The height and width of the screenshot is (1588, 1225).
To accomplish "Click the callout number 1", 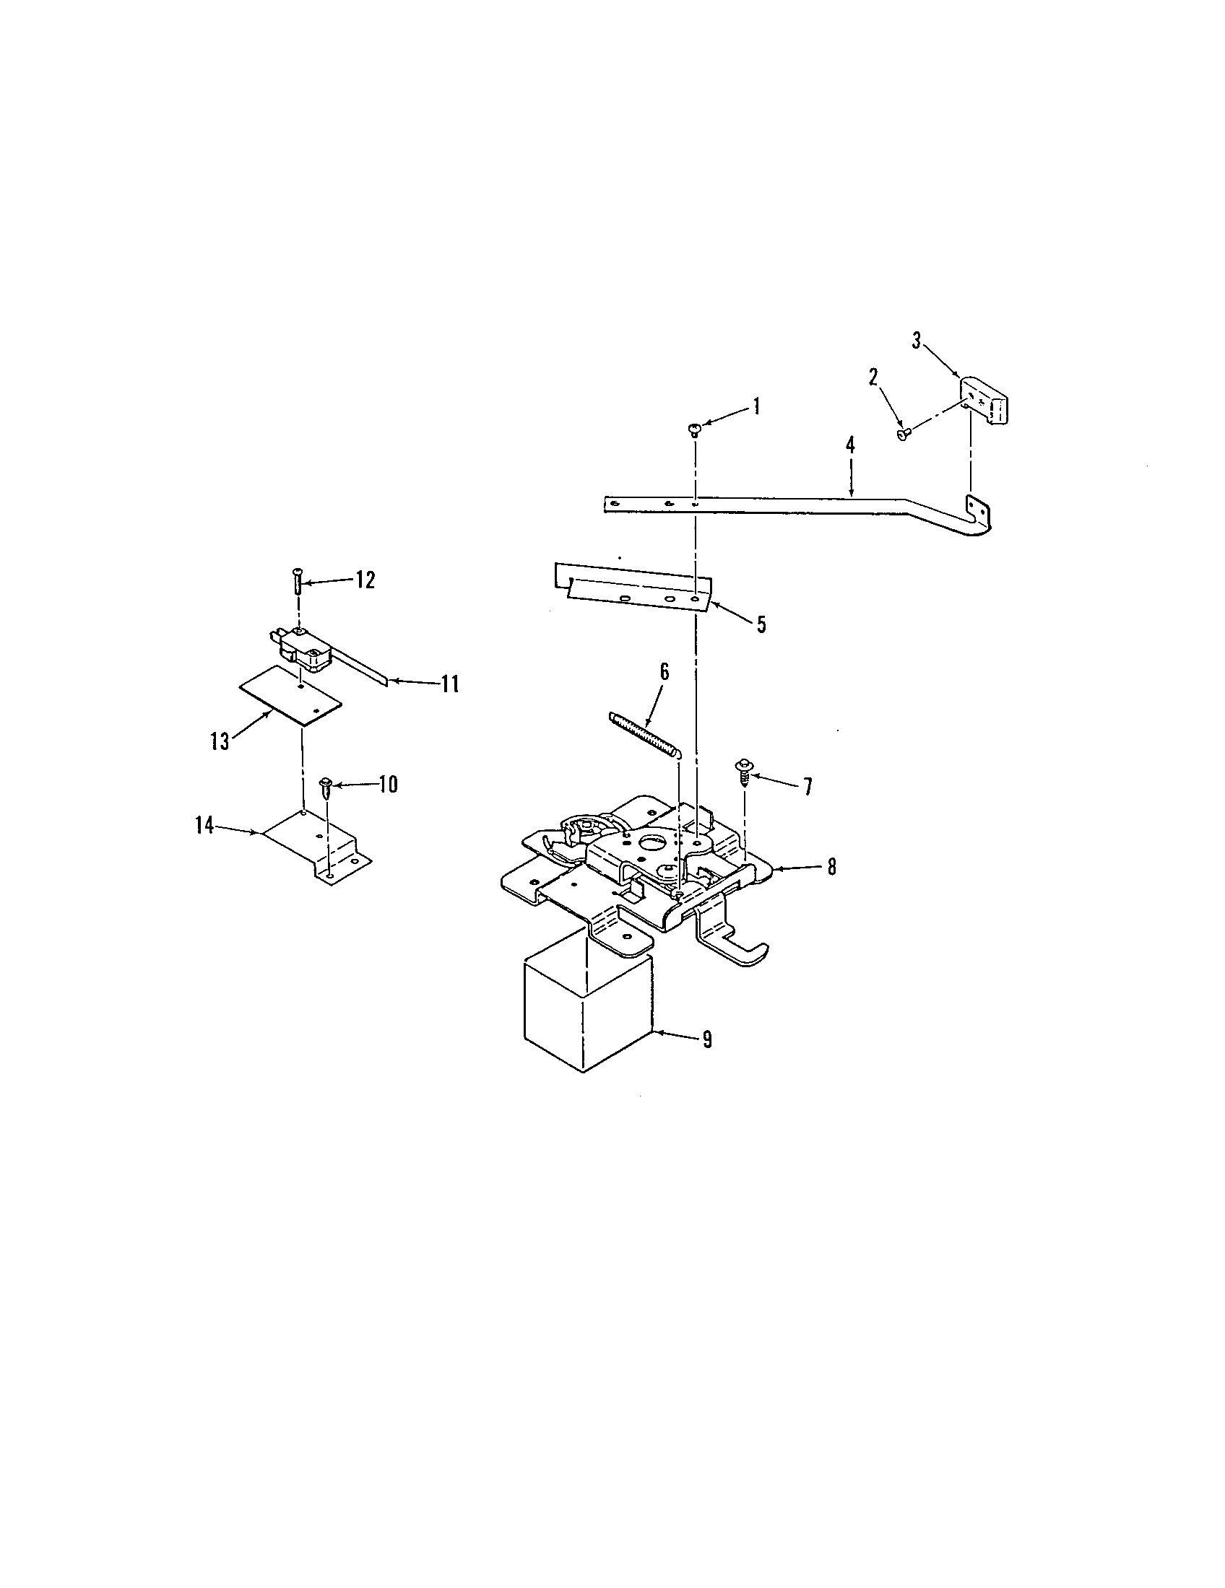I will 756,406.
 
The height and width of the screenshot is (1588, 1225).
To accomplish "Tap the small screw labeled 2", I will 904,435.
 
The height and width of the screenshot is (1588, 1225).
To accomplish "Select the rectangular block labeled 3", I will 986,402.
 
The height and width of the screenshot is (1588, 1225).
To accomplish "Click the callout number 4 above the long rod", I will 849,445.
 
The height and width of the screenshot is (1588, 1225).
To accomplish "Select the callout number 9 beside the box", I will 706,1039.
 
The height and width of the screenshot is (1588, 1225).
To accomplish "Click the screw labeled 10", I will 326,787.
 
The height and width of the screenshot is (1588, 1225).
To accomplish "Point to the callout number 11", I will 449,684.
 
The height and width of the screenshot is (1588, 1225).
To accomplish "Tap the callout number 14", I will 204,825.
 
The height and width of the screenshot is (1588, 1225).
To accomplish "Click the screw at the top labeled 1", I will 693,429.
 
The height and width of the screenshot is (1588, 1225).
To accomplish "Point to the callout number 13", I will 220,741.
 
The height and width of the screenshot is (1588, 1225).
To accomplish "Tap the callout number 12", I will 365,580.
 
